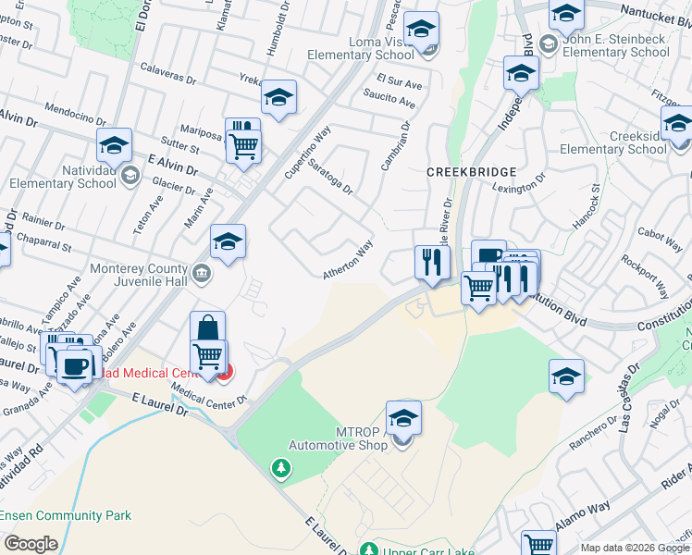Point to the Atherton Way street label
coord(347,260)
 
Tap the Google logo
coord(31,543)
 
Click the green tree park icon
coord(279,469)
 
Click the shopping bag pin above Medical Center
coord(208,327)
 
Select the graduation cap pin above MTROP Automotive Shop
coord(403,418)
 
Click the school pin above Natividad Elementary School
coord(115,145)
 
